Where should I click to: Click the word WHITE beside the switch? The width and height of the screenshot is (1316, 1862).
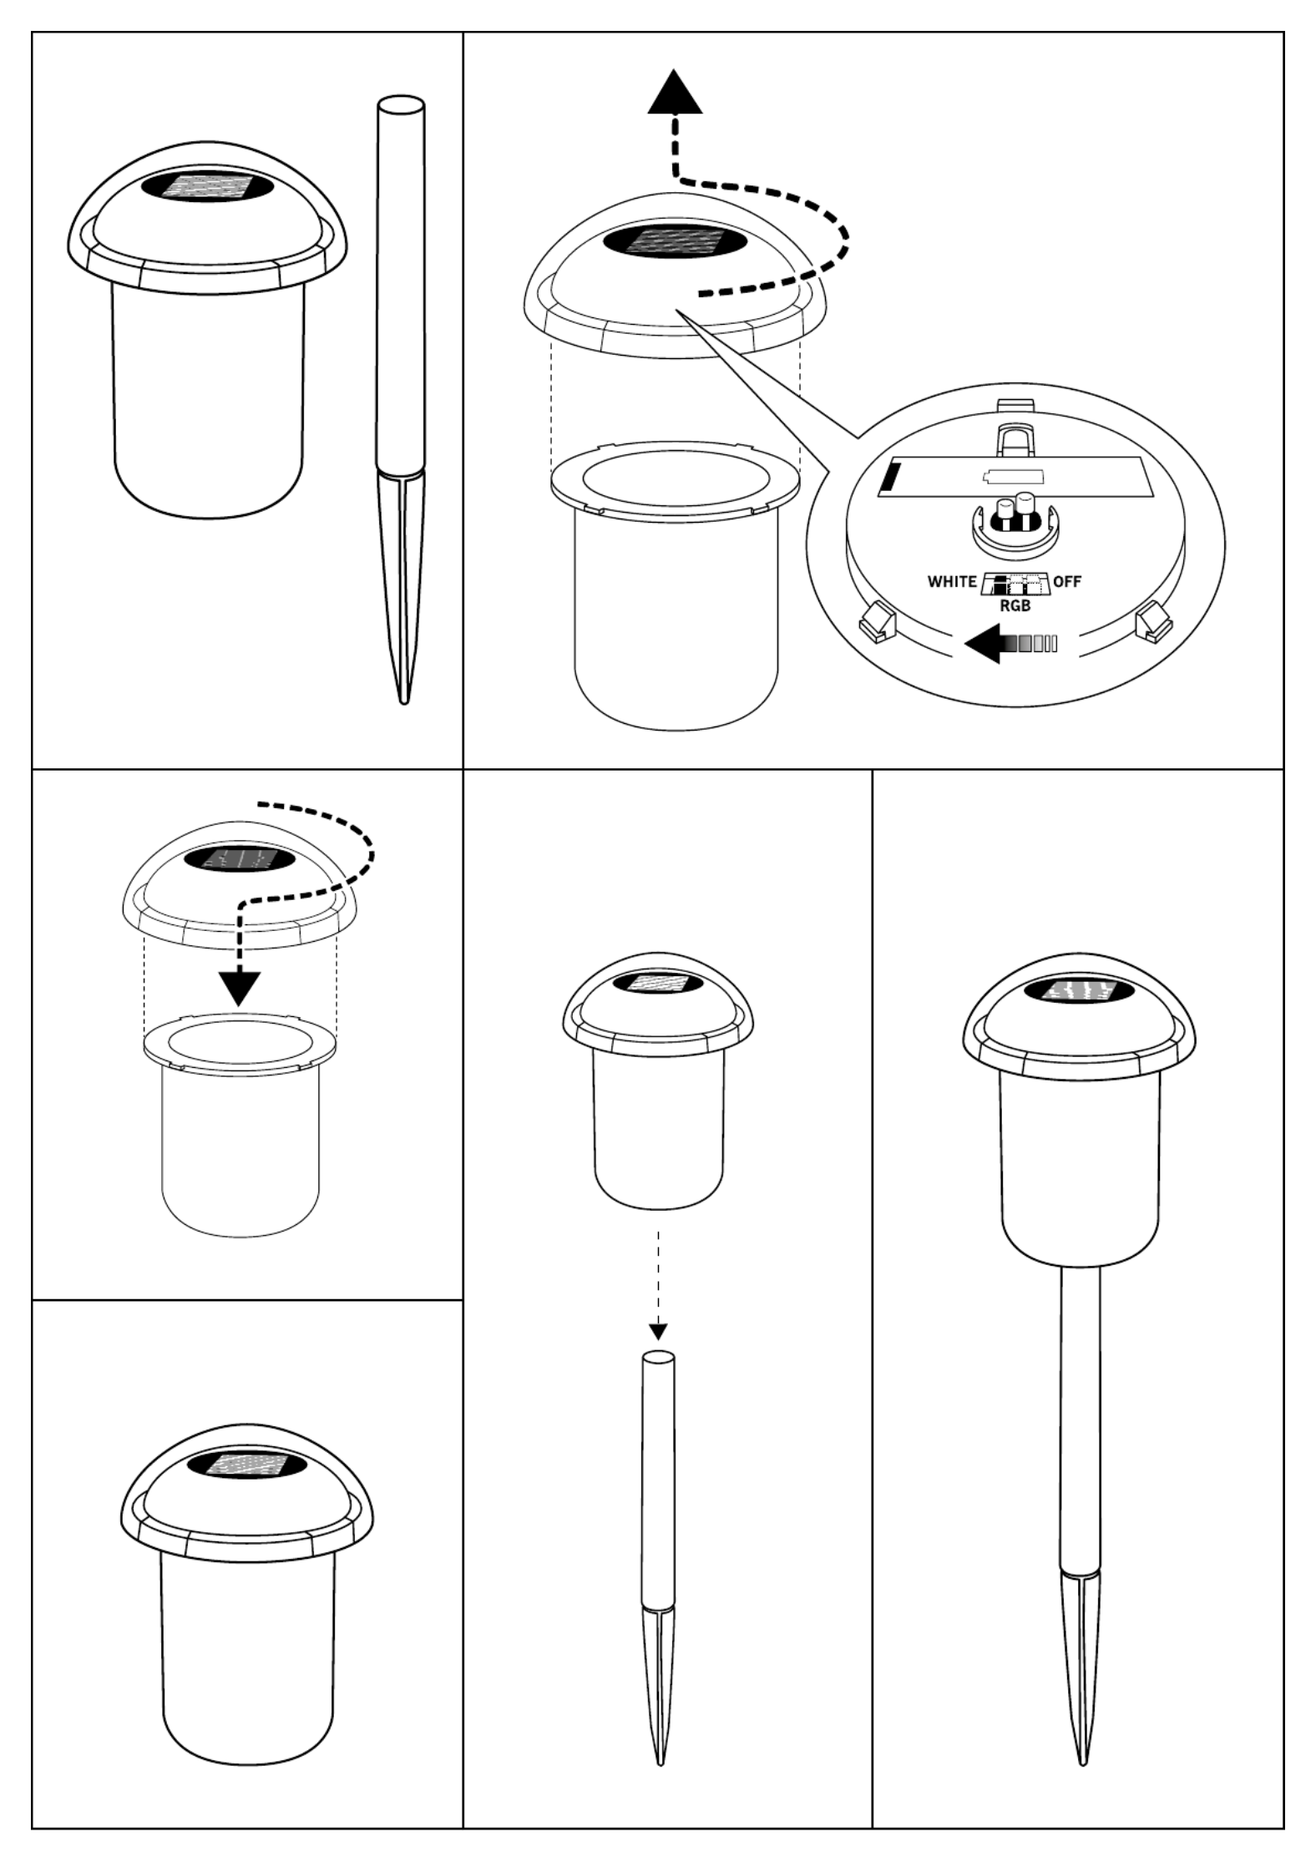click(x=952, y=581)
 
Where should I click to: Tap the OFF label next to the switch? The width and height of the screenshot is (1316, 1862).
click(x=1066, y=581)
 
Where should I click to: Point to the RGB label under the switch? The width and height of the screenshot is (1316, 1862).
click(x=1015, y=606)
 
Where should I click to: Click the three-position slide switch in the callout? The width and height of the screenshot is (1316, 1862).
click(x=1014, y=584)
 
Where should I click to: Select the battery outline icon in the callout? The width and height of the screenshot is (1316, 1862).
click(x=1013, y=477)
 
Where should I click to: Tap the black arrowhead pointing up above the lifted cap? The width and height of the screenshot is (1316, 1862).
click(x=676, y=91)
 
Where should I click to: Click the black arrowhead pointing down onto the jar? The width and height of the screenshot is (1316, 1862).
click(x=240, y=988)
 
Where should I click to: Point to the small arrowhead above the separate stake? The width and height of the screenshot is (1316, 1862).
click(x=658, y=1330)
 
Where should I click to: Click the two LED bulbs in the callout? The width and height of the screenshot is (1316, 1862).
click(x=1014, y=514)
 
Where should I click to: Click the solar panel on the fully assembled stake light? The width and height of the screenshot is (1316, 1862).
click(x=1081, y=992)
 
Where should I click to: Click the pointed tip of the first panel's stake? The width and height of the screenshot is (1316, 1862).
click(x=404, y=702)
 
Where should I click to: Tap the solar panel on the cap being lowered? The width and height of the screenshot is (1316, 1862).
click(x=239, y=858)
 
